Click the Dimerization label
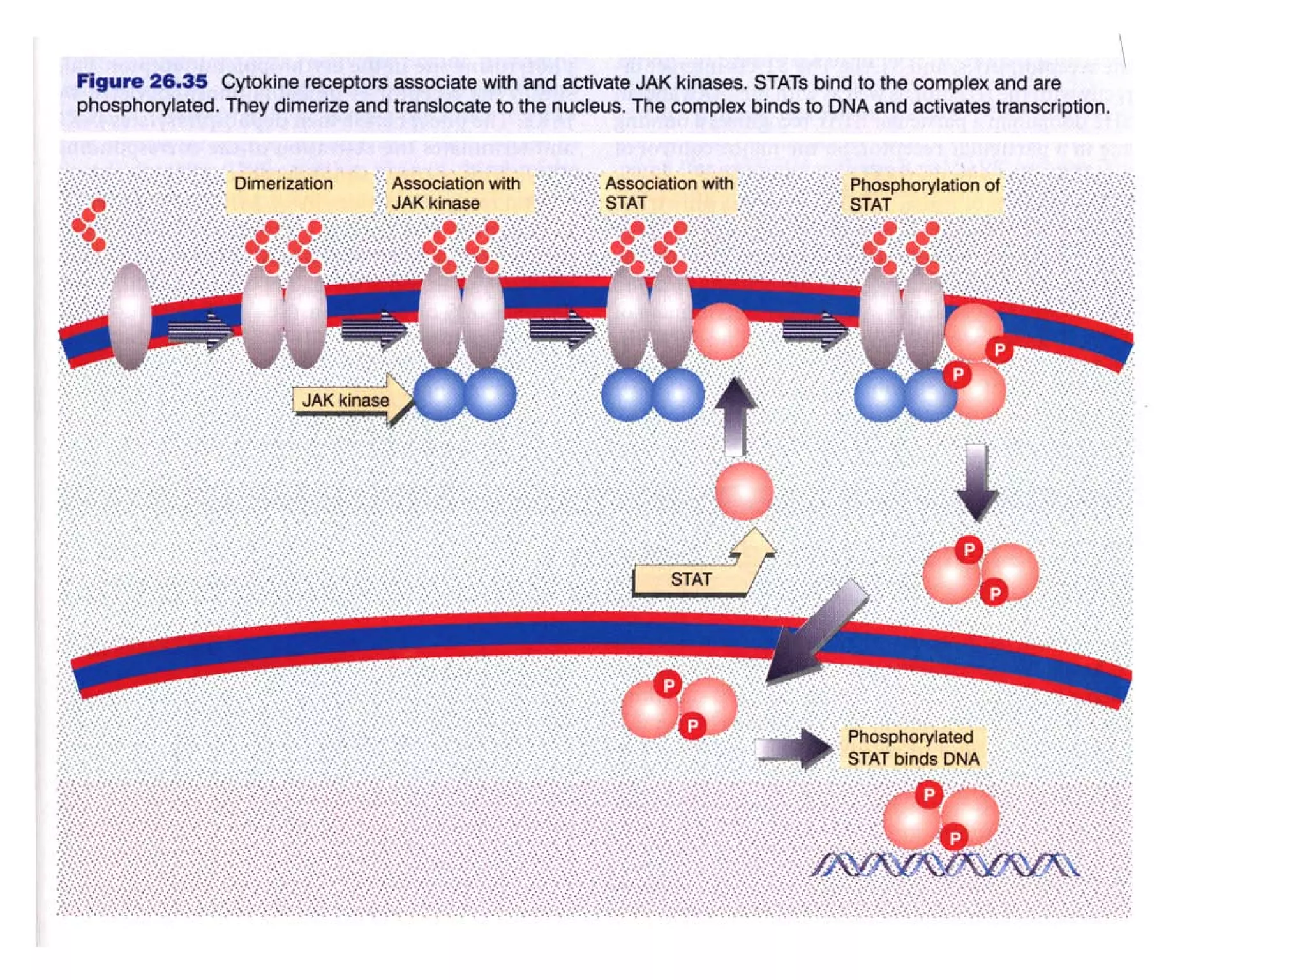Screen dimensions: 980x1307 pos(283,184)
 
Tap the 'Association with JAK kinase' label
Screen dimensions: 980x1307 pos(456,193)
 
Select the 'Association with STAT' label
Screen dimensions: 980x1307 pos(669,193)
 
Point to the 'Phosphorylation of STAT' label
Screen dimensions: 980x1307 pos(923,195)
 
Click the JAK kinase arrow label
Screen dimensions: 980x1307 pos(346,400)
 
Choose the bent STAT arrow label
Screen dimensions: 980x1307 pos(691,579)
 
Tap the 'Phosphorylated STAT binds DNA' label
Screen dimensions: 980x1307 pos(913,748)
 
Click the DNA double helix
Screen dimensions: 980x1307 pos(945,865)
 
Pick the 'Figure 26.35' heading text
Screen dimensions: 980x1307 pos(142,82)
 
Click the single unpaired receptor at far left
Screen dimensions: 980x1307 pos(130,316)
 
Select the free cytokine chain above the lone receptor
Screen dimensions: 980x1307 pos(90,225)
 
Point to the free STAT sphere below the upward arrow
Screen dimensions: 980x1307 pos(744,491)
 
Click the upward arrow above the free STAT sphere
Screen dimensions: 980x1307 pos(735,415)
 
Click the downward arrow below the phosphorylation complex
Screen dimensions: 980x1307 pos(976,482)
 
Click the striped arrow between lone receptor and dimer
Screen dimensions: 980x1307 pos(200,330)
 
